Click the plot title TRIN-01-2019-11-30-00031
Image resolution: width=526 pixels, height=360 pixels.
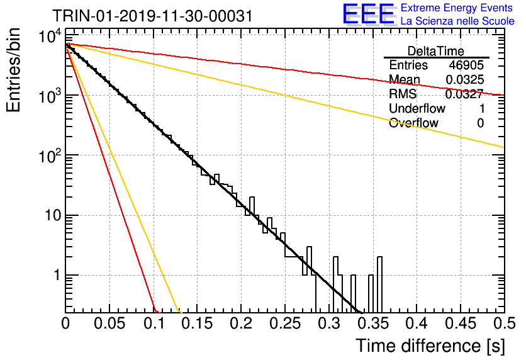point(152,16)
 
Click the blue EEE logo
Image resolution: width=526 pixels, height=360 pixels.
point(368,14)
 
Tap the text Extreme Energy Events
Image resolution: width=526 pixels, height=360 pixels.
point(457,8)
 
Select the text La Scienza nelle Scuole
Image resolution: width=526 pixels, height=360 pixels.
point(457,21)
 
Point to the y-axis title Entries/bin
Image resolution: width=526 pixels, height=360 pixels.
point(13,70)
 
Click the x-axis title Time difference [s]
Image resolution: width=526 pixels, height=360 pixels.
point(430,346)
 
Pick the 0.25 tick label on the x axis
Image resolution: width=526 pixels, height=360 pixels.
point(285,323)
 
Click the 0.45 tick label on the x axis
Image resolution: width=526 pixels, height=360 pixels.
point(461,323)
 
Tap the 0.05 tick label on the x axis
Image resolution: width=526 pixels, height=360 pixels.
point(109,323)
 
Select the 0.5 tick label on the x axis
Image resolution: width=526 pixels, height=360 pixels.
point(505,323)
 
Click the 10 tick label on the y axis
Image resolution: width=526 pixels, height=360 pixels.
point(53,215)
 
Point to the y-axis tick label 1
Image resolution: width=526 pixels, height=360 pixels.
point(57,275)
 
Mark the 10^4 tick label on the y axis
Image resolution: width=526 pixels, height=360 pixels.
point(50,36)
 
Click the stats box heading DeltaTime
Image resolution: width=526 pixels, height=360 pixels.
point(436,51)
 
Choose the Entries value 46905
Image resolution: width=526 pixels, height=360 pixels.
point(466,65)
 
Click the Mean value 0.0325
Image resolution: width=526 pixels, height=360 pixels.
point(465,79)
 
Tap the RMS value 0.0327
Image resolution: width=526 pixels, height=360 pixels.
point(464,94)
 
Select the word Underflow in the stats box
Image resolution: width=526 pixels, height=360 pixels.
point(417,108)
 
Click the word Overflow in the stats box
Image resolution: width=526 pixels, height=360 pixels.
point(413,123)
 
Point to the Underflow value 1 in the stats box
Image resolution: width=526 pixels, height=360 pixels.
point(482,108)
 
